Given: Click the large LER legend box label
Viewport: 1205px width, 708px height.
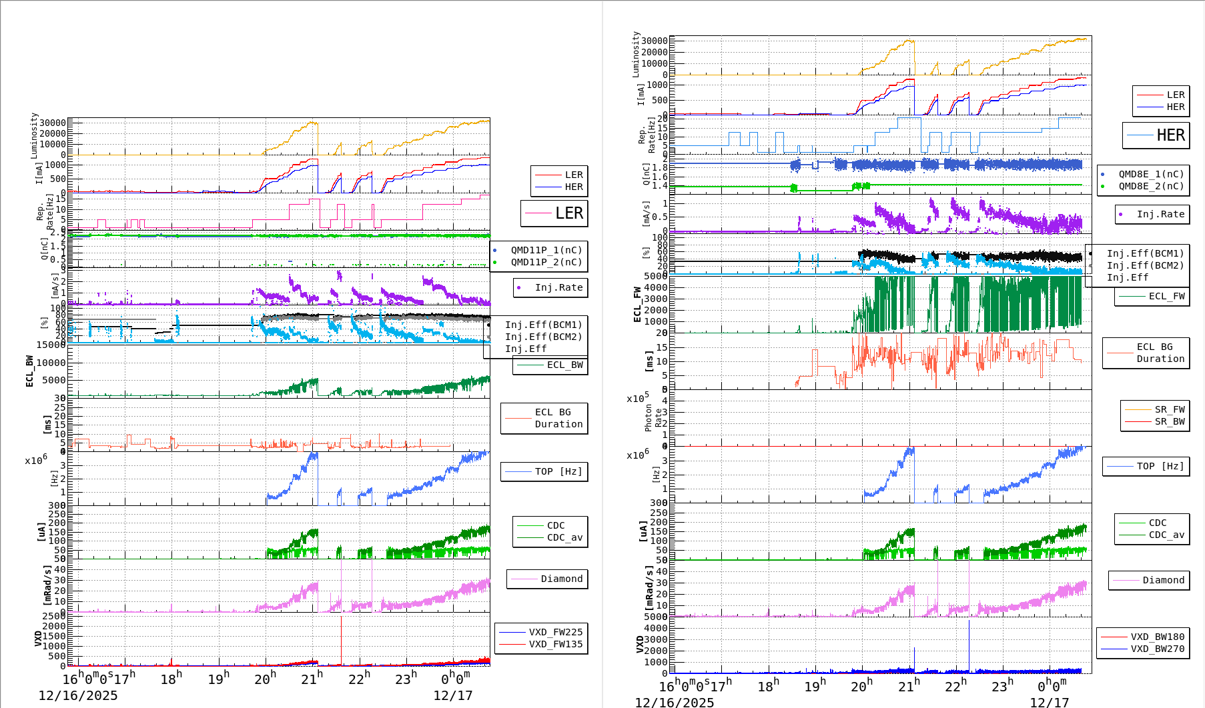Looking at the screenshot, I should point(568,213).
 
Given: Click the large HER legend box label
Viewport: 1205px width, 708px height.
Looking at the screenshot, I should point(1170,135).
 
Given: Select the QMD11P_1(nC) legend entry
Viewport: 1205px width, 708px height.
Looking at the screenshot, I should point(546,250).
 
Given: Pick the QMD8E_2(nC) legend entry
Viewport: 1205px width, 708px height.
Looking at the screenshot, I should point(1151,186).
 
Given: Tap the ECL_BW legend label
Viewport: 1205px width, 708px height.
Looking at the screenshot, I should point(564,365).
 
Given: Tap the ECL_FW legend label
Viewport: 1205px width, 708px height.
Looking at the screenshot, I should point(1166,296).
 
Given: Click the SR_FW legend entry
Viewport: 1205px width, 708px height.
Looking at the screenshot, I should point(1170,409).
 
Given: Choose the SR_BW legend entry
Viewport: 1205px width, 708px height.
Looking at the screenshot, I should point(1170,421).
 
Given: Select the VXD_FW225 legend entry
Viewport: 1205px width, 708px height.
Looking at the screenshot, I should point(555,632).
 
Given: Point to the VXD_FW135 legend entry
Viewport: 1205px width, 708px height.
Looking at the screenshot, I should point(555,644).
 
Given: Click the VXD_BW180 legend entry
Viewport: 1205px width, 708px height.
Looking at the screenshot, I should point(1157,637).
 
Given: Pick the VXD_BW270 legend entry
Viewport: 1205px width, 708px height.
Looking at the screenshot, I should point(1157,649).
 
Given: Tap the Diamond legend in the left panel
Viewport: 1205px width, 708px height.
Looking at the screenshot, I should point(561,579).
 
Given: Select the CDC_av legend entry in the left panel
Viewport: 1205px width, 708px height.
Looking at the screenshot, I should point(564,537).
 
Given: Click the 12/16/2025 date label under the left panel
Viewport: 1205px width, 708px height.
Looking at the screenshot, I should point(77,695).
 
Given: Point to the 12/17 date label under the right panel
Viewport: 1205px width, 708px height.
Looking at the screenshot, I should point(1049,702).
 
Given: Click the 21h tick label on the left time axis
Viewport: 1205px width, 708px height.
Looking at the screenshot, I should point(312,679).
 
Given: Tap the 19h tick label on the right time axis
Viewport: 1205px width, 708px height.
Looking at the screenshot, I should point(815,686).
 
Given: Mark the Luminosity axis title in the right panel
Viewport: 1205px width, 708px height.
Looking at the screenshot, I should point(636,54).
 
